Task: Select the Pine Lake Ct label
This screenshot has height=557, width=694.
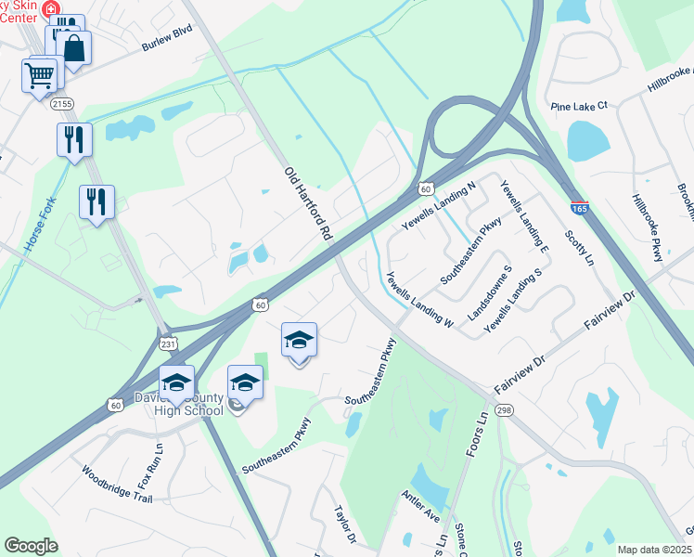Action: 578,106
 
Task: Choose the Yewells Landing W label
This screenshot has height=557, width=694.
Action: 418,300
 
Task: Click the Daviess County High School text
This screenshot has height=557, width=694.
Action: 179,405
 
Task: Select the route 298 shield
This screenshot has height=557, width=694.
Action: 504,409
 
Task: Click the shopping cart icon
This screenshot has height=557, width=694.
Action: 40,76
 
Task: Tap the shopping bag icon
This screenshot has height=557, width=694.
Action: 74,48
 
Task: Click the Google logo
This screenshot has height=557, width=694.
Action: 32,546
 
